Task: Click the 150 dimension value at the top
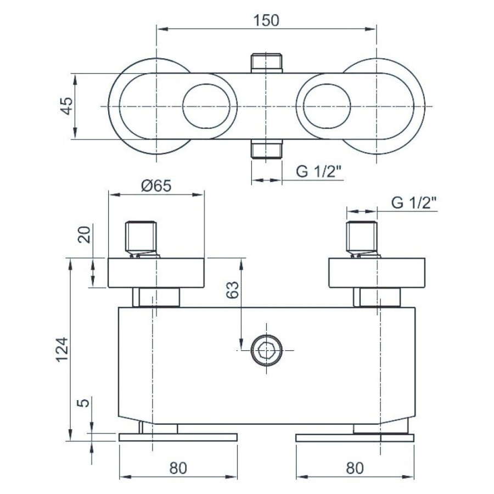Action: click(x=266, y=20)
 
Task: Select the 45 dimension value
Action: click(x=67, y=106)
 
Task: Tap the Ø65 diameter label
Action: click(x=156, y=186)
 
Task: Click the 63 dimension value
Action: click(x=233, y=289)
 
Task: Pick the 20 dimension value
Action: click(x=85, y=234)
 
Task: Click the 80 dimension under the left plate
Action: click(x=178, y=468)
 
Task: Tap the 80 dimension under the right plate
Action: click(x=355, y=468)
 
